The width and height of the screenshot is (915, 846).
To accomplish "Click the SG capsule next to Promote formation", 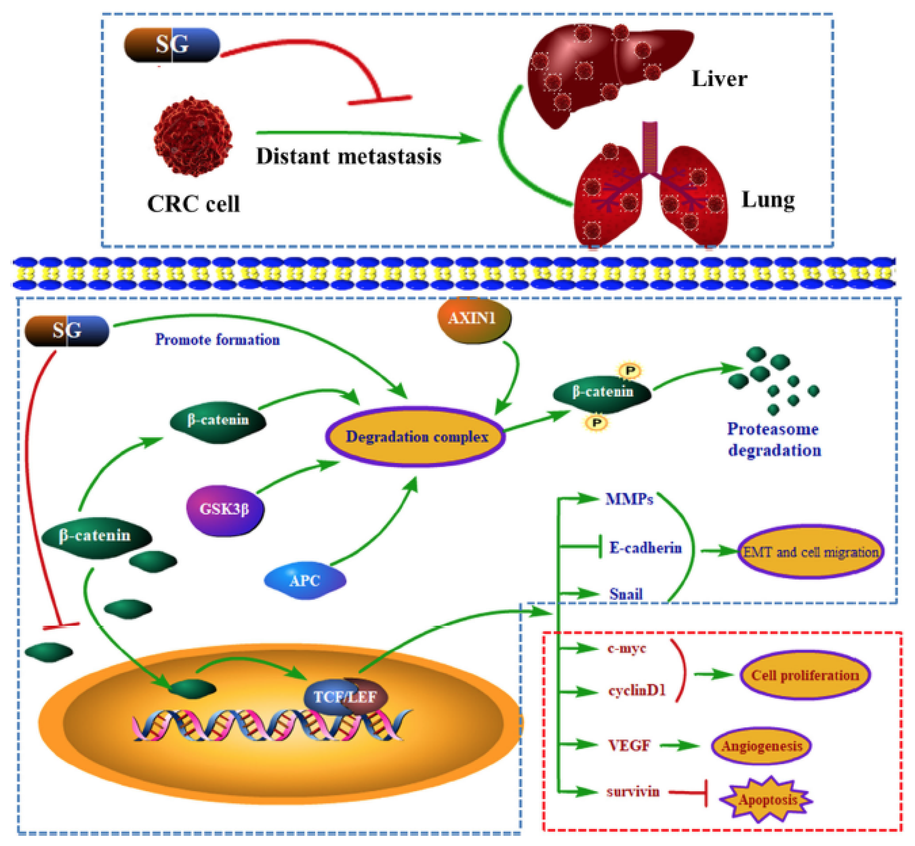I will click(66, 331).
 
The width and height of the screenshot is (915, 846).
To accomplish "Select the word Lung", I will click(767, 200).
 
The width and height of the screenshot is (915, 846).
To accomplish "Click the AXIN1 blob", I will click(474, 319).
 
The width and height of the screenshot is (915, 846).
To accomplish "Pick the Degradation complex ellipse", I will click(416, 437).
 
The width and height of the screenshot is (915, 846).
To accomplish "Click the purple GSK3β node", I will click(224, 509).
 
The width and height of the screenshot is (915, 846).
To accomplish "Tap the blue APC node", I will click(305, 580).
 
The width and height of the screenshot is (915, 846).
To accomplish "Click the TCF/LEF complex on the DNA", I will click(346, 696).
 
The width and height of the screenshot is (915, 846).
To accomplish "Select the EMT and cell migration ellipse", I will click(811, 552).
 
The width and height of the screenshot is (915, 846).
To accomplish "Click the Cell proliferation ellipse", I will click(805, 675).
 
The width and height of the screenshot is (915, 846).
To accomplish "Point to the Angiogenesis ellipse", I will click(761, 746).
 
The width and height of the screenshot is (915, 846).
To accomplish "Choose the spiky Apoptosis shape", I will click(767, 800).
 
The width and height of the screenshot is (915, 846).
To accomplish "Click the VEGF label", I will click(629, 746).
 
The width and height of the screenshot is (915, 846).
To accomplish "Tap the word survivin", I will click(632, 791).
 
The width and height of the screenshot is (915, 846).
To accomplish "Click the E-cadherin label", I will click(645, 548).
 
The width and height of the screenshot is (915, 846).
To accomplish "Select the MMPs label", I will click(629, 500).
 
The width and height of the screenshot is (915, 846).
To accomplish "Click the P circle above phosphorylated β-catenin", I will click(630, 371).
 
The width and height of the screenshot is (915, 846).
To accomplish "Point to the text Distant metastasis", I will click(348, 157).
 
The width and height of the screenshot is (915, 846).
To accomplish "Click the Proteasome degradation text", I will click(773, 439).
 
